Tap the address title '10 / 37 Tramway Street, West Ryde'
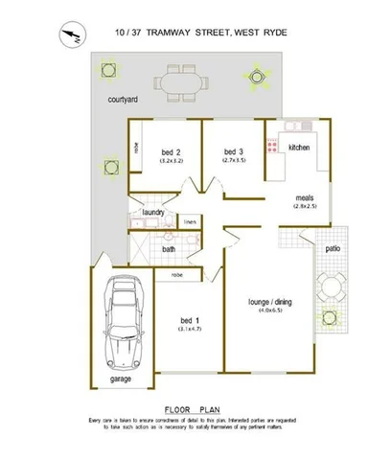[200, 33]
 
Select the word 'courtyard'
[123, 100]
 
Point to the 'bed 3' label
[235, 151]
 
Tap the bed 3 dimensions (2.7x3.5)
[235, 160]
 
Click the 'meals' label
[306, 197]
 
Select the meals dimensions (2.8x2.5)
[306, 206]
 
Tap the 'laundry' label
[155, 212]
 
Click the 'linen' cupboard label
[190, 222]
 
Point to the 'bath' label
[169, 249]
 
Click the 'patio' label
[332, 245]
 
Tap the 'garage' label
[120, 378]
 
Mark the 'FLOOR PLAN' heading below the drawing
[194, 408]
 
